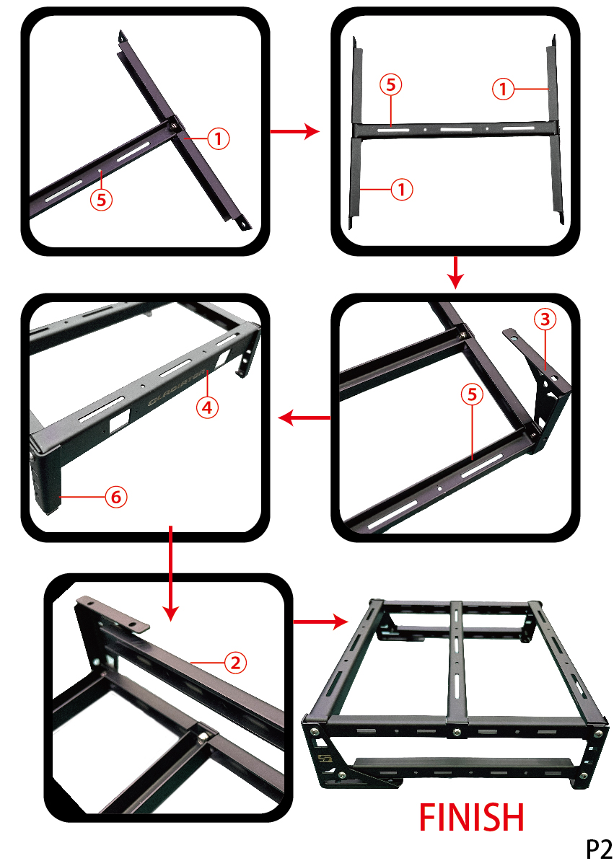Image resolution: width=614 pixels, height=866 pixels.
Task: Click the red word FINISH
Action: pos(471,817)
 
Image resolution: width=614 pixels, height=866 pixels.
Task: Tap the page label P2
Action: pos(599,849)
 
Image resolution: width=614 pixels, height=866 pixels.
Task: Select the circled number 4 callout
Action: pos(207,407)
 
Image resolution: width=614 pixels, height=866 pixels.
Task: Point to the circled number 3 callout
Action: pos(545,319)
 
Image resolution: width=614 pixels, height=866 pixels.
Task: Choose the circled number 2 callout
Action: pos(235,663)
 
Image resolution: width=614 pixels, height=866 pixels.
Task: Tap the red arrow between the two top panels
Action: pos(295,131)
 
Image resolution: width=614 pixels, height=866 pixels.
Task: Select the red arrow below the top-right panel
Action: pos(456,273)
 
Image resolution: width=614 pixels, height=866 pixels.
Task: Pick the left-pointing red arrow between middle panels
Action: pos(304,418)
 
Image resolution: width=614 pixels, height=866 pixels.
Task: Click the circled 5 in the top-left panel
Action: pos(101,200)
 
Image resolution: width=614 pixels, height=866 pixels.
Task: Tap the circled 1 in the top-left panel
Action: pos(218,138)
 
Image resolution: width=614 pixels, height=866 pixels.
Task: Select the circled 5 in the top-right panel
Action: pos(391,84)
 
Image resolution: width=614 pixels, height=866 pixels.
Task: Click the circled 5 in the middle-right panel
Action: pos(472,394)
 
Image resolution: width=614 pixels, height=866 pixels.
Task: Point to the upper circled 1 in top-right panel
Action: pos(503,89)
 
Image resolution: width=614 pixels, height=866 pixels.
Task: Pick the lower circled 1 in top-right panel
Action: pos(402,190)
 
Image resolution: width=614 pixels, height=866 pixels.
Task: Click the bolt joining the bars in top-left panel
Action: pos(175,125)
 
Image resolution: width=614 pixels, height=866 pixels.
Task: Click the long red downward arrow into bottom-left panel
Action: pos(170,573)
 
